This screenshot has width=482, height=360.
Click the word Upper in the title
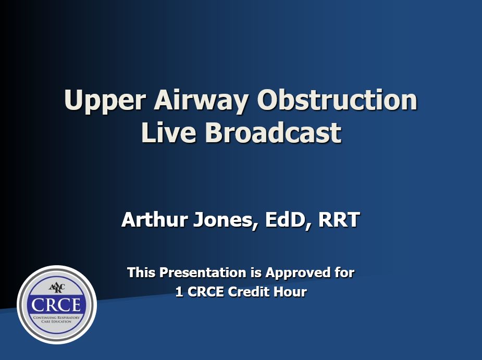tap(105, 101)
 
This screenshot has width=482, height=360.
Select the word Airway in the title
tap(201, 101)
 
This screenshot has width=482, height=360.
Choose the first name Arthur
tap(155, 219)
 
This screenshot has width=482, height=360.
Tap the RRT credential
tap(339, 219)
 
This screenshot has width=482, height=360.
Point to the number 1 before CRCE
tap(179, 292)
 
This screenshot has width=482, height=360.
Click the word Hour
tap(290, 292)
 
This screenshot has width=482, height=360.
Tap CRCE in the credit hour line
tap(205, 292)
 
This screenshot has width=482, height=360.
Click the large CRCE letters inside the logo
tap(56, 305)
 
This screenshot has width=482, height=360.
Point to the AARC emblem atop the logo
tap(57, 288)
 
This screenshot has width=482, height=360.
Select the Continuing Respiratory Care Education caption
tap(57, 319)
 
